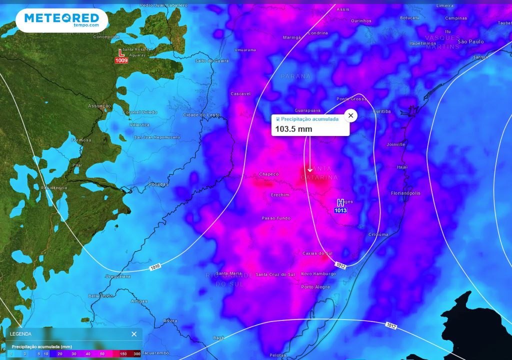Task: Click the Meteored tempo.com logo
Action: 61,20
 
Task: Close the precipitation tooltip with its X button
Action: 350,115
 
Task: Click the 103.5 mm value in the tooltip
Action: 294,129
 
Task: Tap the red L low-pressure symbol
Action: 120,52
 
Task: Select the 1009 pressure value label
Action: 121,60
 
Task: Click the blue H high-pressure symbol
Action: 340,202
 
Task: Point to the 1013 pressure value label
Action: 340,210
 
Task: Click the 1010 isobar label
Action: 155,268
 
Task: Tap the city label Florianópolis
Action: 405,193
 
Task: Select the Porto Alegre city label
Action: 315,287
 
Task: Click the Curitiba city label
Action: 382,111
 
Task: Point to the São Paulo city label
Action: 471,41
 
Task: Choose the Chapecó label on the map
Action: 268,174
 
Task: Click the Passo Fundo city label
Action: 276,218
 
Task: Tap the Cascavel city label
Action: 240,93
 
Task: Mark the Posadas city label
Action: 158,184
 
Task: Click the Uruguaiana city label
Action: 117,276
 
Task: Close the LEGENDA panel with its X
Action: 134,334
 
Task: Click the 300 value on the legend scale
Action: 136,354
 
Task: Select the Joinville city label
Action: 396,144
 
